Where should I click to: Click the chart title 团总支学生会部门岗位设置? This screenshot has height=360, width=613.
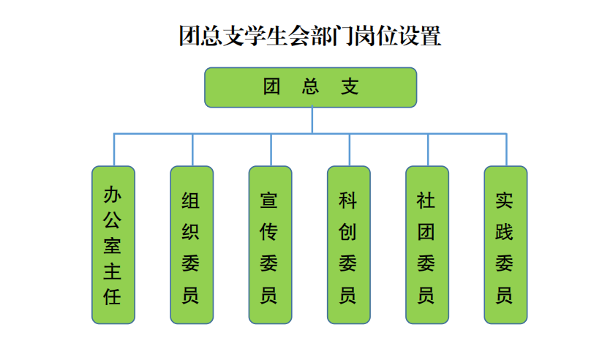coord(310,36)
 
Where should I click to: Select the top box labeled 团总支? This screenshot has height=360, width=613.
coord(311,88)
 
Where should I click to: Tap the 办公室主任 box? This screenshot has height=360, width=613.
coord(113,245)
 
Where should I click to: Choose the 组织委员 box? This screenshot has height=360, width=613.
coord(192,245)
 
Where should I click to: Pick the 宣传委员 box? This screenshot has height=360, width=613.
coord(270,245)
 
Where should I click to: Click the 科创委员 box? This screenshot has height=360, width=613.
coord(349,245)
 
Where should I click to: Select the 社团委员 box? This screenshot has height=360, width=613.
coord(427,245)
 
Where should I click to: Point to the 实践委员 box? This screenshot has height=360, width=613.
coord(506,245)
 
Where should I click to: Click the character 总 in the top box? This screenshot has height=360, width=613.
coord(310,86)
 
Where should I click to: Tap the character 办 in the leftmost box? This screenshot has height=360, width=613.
coord(112,195)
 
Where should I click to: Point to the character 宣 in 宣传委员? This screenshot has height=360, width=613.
coord(269,200)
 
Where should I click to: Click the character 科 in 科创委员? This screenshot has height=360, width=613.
coord(347,200)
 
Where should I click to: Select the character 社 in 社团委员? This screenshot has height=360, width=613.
coord(426,200)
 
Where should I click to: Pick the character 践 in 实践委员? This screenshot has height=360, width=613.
coord(504,232)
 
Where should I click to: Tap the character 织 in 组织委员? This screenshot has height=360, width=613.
coord(190,232)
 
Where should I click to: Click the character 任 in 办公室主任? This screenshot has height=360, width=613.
coord(112,297)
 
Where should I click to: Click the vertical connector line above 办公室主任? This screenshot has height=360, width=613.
coord(114,150)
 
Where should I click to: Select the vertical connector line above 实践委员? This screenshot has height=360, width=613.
coord(506,150)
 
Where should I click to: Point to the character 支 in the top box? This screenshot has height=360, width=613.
coord(350,86)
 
